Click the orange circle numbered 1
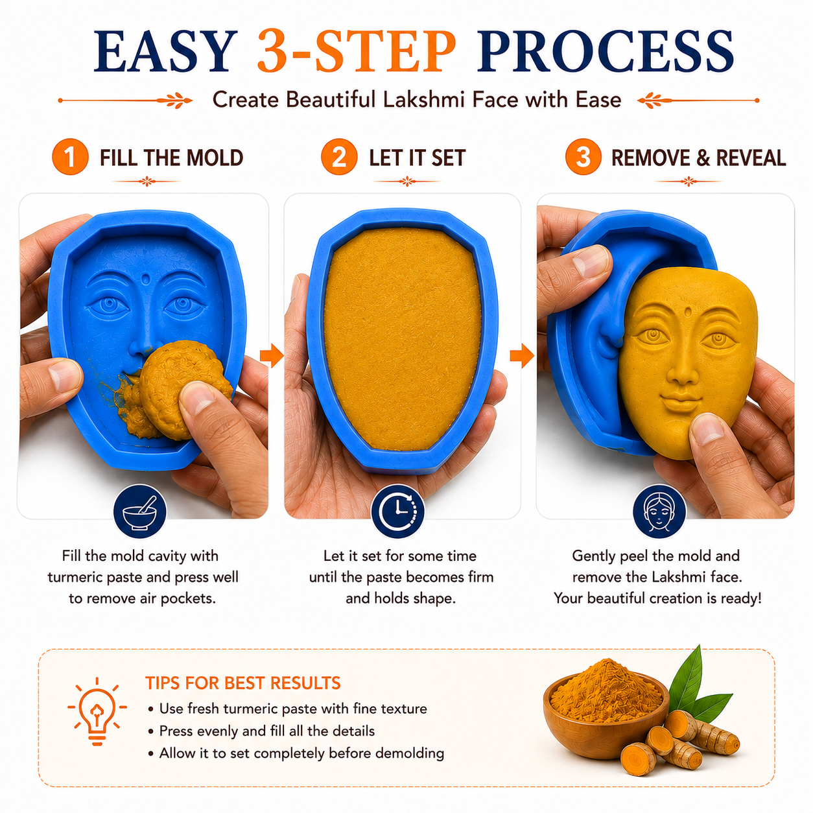tap(70, 157)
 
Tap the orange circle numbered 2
tap(339, 157)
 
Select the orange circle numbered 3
tap(583, 157)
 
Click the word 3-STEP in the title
tap(357, 51)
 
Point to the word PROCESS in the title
tap(605, 51)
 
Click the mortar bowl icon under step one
tap(139, 512)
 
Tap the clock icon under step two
tap(397, 512)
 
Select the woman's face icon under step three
tap(659, 512)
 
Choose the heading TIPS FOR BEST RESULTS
tap(242, 683)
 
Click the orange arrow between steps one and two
tap(272, 356)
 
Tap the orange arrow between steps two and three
tap(522, 356)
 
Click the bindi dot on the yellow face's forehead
tap(689, 313)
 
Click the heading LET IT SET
tap(418, 158)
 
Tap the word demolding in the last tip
tap(409, 753)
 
